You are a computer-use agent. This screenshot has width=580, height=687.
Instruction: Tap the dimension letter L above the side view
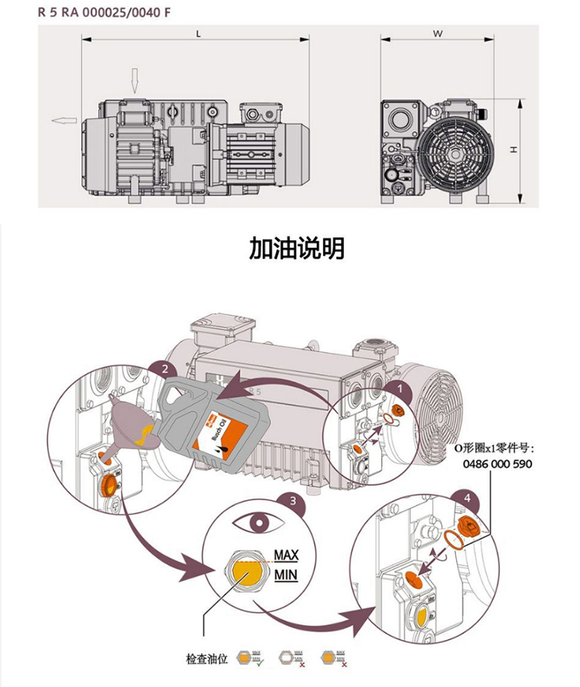pyautogui.click(x=198, y=33)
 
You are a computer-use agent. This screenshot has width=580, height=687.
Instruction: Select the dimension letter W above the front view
pyautogui.click(x=437, y=33)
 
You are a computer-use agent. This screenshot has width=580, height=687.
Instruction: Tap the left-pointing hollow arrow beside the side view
pyautogui.click(x=64, y=119)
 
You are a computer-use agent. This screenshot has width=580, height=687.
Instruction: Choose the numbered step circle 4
pyautogui.click(x=466, y=496)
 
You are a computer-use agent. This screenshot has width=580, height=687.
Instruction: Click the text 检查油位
pyautogui.click(x=208, y=658)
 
